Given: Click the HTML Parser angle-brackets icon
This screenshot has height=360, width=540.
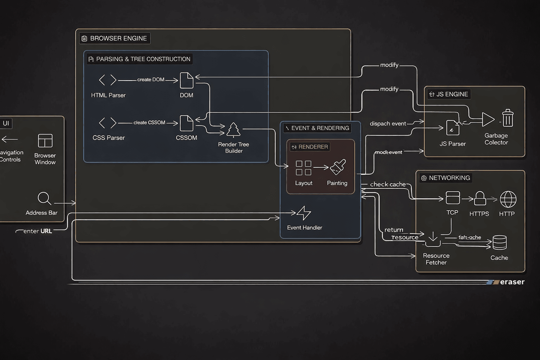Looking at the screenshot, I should pos(108,80).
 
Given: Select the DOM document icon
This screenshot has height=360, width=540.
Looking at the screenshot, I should pos(186,81).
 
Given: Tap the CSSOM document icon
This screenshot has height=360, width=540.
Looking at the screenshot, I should pos(186,123).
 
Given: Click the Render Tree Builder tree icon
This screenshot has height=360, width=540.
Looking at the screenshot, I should pos(233,130).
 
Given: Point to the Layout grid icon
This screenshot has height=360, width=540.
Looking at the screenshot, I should pos(303,168).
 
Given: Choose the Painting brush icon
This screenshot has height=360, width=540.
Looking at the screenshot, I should pos(338,167).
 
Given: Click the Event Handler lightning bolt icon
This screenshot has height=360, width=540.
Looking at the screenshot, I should pos(304,213).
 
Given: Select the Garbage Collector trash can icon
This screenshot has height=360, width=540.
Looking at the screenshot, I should pos(507,118).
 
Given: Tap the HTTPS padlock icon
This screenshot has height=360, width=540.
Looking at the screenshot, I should pos(480,199).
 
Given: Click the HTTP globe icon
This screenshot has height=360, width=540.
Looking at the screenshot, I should pos(508,199).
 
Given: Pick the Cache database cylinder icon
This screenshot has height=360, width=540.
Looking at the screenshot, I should pos(500,243).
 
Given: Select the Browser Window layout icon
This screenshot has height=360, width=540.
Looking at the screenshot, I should pos(45,141).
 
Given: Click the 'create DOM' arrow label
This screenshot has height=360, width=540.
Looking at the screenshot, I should pos(151,80).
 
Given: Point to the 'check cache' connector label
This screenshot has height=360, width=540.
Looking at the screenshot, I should pos(388,184).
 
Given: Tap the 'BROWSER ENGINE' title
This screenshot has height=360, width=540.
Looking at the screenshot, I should pos(118,38).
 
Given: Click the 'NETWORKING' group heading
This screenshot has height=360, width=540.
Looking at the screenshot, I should pos(449,178).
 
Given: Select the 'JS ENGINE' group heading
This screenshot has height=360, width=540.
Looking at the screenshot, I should pos(452,94).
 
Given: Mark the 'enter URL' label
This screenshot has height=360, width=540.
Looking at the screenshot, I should pos(37,231).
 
